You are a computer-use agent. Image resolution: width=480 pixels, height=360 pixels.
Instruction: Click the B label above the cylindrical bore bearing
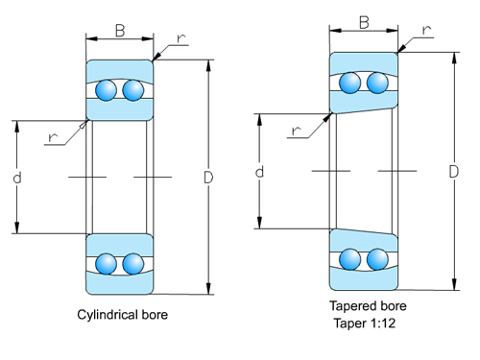pyautogui.click(x=120, y=31)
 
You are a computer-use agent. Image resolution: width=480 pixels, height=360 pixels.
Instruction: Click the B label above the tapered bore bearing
pyautogui.click(x=365, y=22)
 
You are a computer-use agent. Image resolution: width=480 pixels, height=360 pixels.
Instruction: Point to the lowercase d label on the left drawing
pyautogui.click(x=17, y=179)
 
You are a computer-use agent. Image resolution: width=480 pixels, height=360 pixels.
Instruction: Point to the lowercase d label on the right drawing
pyautogui.click(x=260, y=172)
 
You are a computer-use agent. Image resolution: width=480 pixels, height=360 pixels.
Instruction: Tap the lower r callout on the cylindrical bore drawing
pyautogui.click(x=53, y=136)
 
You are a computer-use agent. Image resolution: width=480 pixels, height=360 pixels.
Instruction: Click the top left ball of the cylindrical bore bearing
pyautogui.click(x=107, y=91)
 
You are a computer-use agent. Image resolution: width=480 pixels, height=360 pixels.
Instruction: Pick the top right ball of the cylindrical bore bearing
pyautogui.click(x=132, y=91)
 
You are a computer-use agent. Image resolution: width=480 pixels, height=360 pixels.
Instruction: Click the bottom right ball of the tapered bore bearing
pyautogui.click(x=377, y=258)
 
